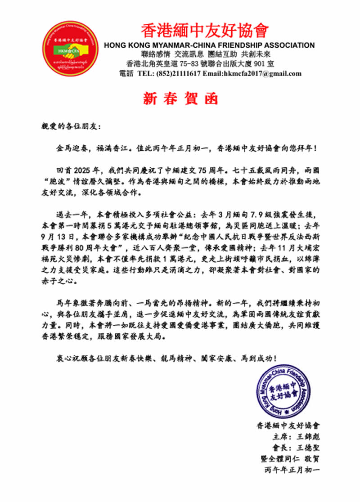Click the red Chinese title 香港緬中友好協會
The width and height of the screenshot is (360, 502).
pyautogui.click(x=205, y=31)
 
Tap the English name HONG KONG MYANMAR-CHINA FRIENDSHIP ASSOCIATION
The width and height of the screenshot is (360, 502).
pyautogui.click(x=209, y=45)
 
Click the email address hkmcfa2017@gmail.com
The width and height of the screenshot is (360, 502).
pyautogui.click(x=267, y=74)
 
